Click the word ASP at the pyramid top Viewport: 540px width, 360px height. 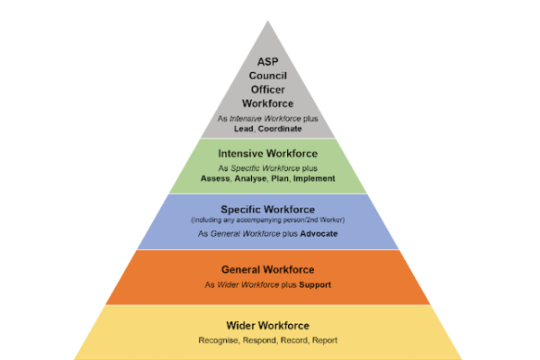[x=269, y=62]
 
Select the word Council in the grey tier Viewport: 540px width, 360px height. [x=269, y=76]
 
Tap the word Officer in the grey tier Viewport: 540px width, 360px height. [x=269, y=89]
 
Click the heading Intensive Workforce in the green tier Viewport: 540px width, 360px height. [x=269, y=152]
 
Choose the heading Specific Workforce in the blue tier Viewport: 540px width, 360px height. [x=269, y=209]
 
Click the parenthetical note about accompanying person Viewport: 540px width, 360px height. [x=269, y=220]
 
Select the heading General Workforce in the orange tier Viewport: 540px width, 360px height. [x=269, y=269]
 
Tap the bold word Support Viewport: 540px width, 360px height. [x=316, y=284]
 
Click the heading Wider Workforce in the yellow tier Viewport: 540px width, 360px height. [x=269, y=325]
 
